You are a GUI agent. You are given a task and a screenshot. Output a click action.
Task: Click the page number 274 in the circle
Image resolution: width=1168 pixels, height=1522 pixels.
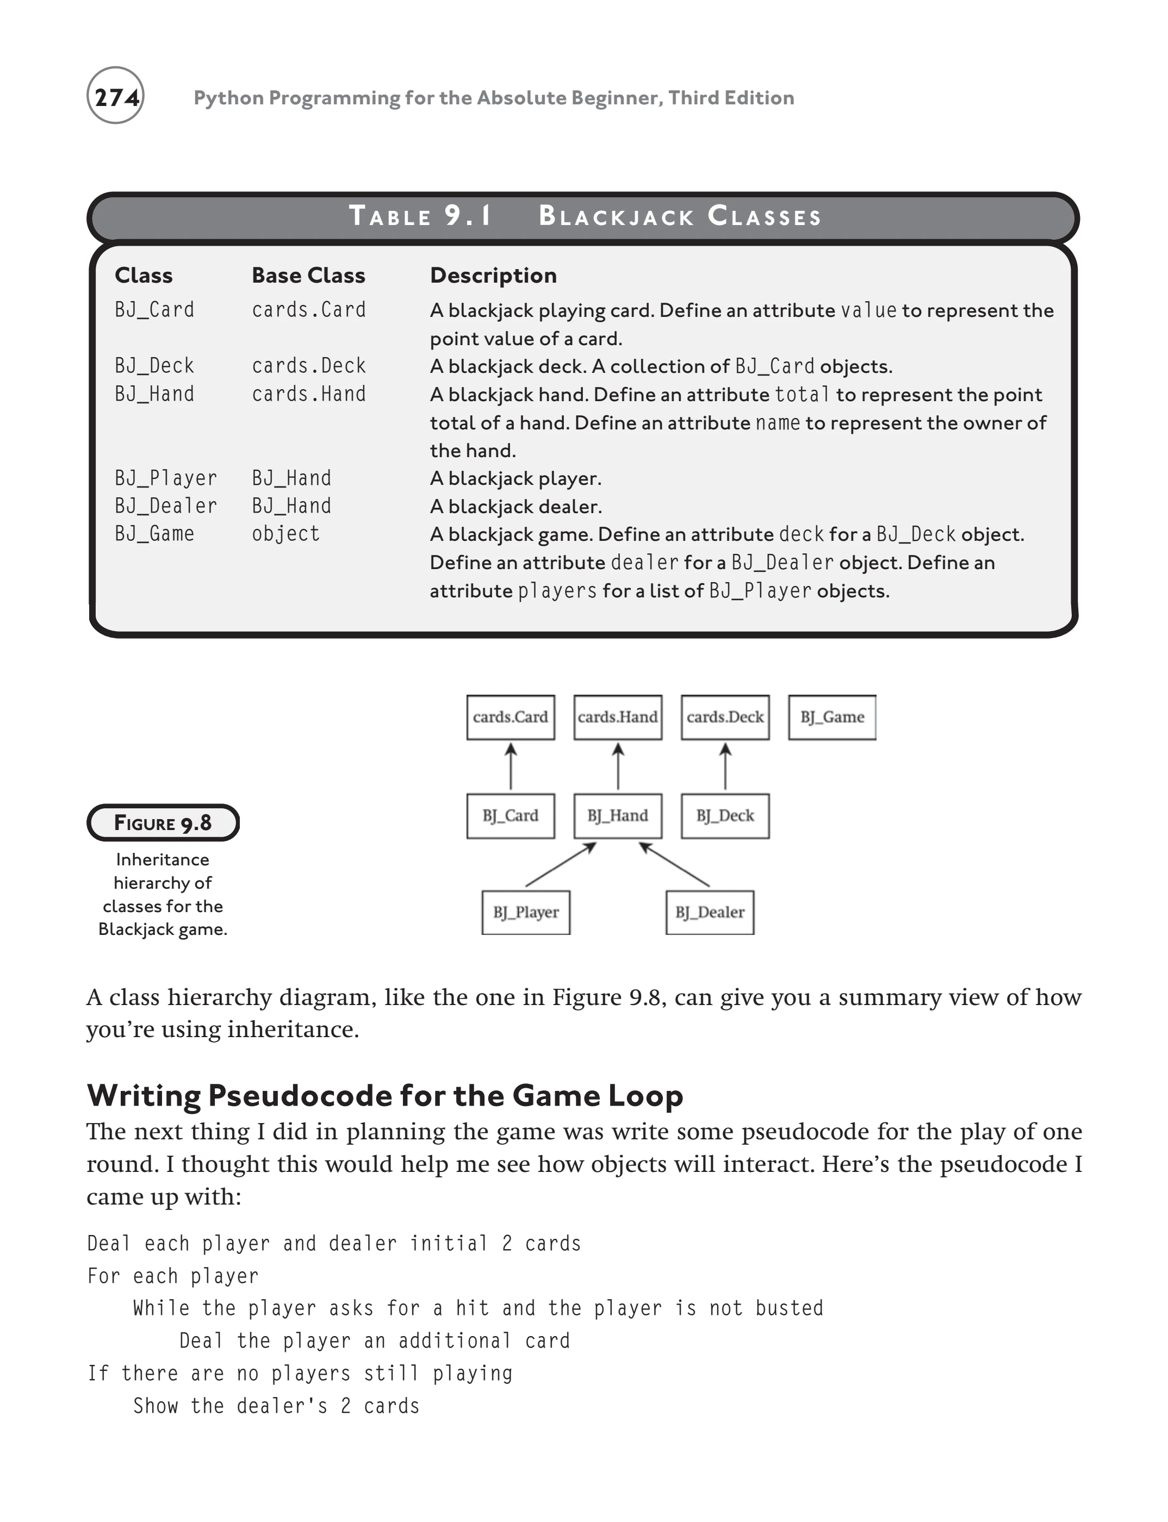click(115, 97)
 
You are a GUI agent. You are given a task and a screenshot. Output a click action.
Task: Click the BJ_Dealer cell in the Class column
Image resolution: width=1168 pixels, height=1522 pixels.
click(165, 506)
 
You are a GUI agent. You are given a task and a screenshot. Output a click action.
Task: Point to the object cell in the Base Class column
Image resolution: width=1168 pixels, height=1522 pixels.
click(285, 534)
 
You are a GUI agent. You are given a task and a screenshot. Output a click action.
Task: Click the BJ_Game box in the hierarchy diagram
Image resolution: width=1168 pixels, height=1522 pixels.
click(832, 717)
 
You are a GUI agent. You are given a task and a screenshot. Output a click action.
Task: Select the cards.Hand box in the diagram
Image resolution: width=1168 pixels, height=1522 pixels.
click(617, 717)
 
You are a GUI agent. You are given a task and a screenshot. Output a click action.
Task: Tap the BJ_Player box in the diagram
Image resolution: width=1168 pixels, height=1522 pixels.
click(526, 913)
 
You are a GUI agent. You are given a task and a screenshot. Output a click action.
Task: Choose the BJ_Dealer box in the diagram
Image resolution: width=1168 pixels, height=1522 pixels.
click(710, 913)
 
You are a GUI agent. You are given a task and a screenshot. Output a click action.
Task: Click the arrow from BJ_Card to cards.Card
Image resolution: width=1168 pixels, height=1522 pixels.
click(511, 766)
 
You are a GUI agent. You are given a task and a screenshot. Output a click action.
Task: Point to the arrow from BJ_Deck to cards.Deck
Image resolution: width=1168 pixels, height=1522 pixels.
click(725, 766)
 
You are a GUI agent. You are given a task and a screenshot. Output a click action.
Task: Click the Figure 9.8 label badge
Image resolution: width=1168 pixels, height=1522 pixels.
click(163, 823)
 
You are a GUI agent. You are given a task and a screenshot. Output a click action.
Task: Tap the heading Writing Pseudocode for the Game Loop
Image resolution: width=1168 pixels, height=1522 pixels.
click(384, 1096)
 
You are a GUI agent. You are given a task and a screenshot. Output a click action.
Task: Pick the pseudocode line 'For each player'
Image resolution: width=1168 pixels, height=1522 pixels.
click(172, 1276)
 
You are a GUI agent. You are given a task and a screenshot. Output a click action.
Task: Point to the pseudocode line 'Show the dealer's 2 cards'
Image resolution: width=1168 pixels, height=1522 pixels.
click(276, 1406)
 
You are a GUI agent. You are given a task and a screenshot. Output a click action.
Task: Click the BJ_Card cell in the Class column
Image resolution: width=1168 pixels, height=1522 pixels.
click(154, 310)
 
